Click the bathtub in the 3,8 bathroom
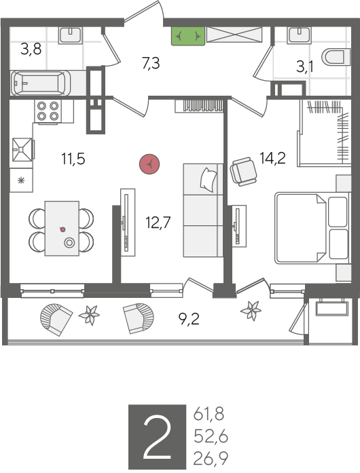point(41,83)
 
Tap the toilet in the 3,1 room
point(336,57)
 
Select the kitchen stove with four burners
point(48,111)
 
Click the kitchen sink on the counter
point(22,149)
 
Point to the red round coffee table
point(149,164)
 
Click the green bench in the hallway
point(188,36)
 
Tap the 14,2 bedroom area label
point(273,157)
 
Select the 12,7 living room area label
point(158,223)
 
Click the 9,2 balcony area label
point(189,319)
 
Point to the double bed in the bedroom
point(312,228)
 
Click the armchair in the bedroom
point(243,171)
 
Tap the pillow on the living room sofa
point(209,179)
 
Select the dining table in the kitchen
point(62,229)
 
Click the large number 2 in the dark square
point(157,436)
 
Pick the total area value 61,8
point(209,414)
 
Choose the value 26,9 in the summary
point(211,459)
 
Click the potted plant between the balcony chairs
point(90,315)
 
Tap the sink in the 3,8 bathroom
point(70,35)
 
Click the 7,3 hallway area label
point(151,63)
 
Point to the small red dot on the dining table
point(62,229)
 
